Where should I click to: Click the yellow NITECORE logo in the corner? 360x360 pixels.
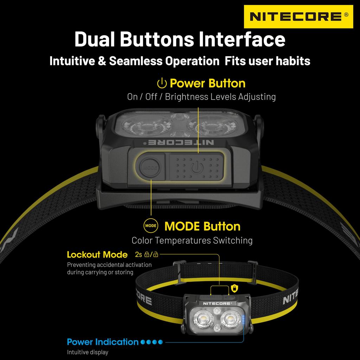tap(298, 17)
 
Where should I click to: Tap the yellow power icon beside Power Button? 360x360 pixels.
tap(161, 84)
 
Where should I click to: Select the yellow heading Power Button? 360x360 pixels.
tap(207, 83)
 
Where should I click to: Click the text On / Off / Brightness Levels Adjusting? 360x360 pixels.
tap(201, 97)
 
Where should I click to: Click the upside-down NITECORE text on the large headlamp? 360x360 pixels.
tap(179, 142)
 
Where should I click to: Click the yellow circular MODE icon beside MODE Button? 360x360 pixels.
tap(151, 226)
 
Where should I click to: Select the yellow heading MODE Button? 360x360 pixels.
tap(202, 226)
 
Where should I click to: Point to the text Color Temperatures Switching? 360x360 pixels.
tap(192, 240)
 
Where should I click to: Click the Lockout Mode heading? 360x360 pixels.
tap(97, 255)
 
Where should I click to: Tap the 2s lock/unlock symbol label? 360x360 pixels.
tap(146, 255)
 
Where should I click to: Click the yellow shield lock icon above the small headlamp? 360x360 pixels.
tap(234, 288)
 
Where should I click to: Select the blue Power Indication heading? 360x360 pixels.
tap(103, 342)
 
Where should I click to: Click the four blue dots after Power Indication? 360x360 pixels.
tap(152, 342)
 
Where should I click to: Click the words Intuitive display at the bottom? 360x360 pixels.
tap(88, 352)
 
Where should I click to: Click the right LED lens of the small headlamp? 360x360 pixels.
tap(230, 319)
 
